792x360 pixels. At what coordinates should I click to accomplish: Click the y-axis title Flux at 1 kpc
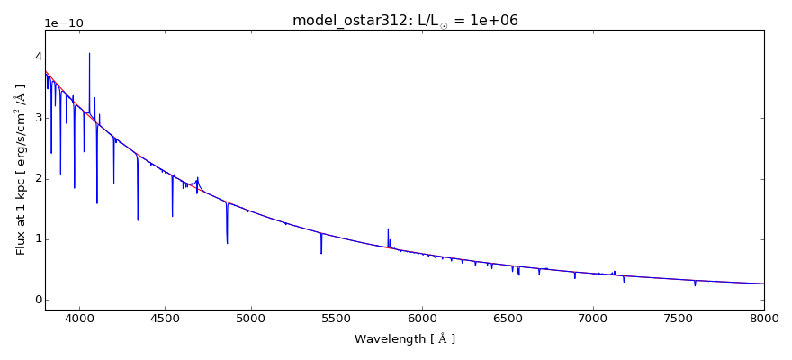21,169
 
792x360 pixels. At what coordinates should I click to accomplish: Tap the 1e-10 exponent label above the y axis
64,23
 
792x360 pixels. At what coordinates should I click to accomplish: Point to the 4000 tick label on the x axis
79,317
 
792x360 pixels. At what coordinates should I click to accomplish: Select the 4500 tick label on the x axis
165,317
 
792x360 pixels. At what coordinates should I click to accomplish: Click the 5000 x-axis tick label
250,317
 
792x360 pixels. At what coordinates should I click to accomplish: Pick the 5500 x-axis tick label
336,317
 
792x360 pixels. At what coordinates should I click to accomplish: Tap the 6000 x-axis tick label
422,317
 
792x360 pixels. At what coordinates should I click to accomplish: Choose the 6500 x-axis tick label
508,317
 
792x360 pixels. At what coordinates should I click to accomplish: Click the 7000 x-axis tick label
593,317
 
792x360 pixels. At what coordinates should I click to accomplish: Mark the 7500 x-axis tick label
679,317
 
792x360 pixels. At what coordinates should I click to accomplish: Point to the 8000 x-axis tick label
764,317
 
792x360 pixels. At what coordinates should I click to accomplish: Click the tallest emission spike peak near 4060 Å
89,53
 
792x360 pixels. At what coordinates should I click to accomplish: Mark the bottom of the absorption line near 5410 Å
321,253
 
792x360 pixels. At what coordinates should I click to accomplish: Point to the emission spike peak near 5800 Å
388,229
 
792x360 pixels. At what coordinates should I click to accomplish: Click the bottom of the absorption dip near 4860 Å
227,243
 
